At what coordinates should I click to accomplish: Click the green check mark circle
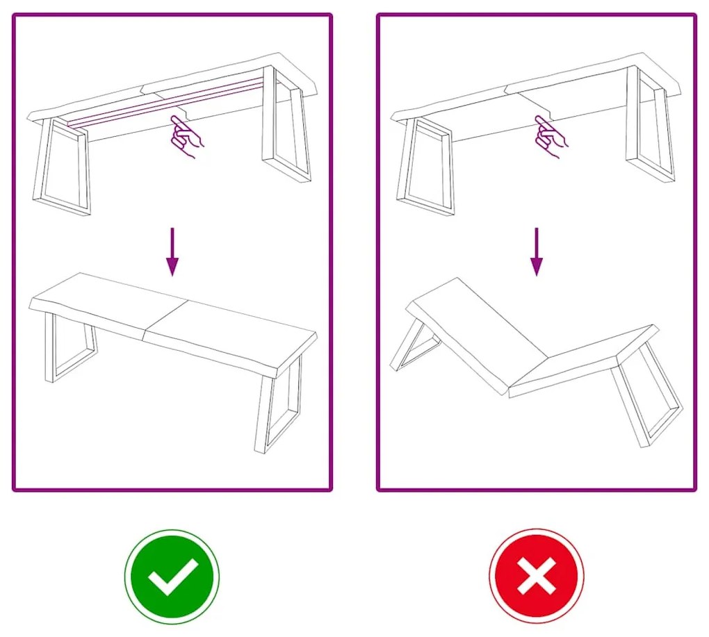[172, 577]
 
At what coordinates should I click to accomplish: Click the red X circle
[536, 577]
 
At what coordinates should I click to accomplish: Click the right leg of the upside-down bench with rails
[287, 125]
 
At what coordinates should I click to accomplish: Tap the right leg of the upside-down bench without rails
[650, 125]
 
